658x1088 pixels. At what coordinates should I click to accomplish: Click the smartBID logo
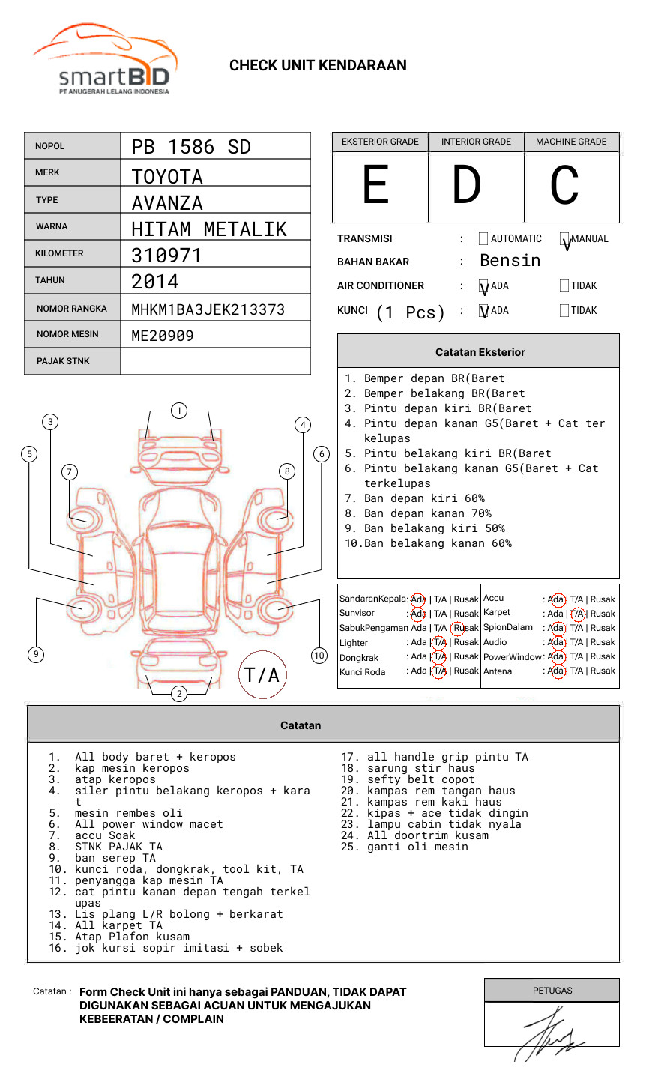click(x=105, y=59)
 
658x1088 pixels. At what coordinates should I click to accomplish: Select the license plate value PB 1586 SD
click(x=191, y=147)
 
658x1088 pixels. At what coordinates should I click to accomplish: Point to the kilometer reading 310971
click(x=166, y=256)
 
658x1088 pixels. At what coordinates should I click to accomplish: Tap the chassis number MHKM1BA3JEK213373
click(x=208, y=309)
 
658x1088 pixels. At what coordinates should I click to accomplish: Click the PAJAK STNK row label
click(x=63, y=361)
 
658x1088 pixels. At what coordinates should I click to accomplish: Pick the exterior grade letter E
click(x=375, y=184)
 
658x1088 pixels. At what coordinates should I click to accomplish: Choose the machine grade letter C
click(x=564, y=184)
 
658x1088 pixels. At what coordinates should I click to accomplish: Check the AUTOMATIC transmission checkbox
click(x=483, y=238)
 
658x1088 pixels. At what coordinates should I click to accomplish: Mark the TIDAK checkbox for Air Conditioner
click(x=564, y=285)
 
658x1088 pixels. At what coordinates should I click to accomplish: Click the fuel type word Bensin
click(x=510, y=260)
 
